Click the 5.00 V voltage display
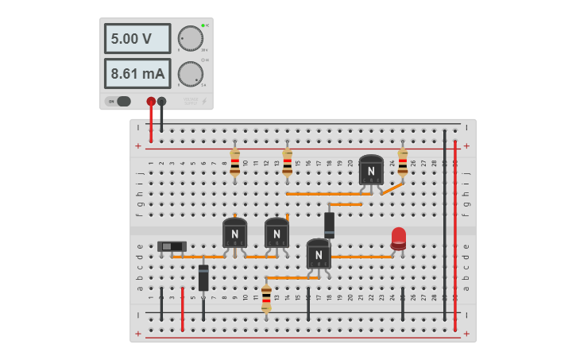[137, 38]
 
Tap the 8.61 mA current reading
[137, 74]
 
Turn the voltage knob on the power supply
[190, 37]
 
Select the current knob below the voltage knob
[190, 74]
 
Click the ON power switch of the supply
[120, 101]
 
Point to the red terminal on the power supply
[151, 101]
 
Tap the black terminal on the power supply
[162, 101]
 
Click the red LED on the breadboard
[398, 238]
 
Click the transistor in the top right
[371, 169]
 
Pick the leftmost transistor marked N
[234, 233]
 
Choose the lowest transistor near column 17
[319, 254]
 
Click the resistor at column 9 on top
[234, 162]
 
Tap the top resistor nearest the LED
[403, 162]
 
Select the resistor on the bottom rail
[266, 297]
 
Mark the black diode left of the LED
[329, 225]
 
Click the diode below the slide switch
[203, 277]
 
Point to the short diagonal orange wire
[392, 188]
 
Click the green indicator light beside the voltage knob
[203, 25]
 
